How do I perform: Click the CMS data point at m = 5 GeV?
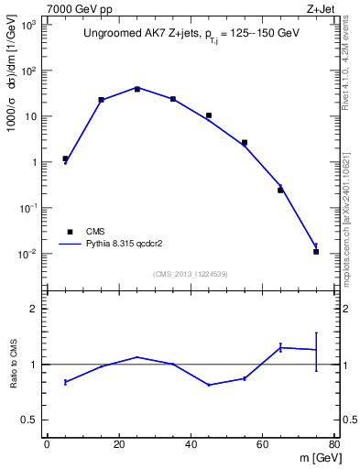[65, 158]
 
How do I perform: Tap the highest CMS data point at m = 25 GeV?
[136, 89]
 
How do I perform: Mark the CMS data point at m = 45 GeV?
[209, 115]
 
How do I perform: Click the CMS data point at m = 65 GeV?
[280, 190]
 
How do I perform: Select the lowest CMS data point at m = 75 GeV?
[316, 251]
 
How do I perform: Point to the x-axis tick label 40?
[190, 445]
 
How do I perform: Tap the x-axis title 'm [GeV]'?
[315, 459]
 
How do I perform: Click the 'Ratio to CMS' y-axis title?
[16, 364]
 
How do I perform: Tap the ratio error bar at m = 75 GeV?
[316, 351]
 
